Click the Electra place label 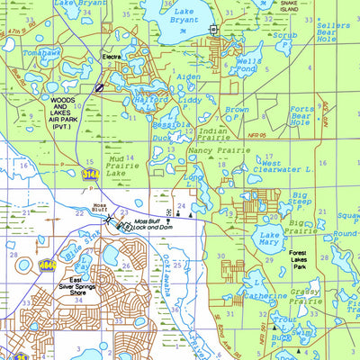(112, 57)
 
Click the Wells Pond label (248, 65)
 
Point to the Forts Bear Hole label (327, 115)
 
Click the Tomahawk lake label (40, 77)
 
